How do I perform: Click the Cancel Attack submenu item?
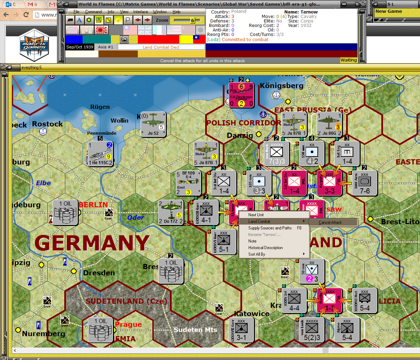point(330,222)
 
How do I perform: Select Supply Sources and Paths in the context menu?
point(270,228)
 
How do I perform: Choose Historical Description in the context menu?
point(265,248)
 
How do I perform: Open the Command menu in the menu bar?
point(93,12)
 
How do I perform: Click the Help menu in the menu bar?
point(176,12)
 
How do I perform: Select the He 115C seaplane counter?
point(100,153)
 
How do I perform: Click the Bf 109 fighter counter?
point(188,183)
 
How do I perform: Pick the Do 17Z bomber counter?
point(171,212)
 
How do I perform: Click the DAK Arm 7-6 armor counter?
point(364,183)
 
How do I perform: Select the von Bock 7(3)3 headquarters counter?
point(277,153)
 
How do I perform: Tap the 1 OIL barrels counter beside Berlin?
point(65,212)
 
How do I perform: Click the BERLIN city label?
point(93,205)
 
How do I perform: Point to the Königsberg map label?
point(281,86)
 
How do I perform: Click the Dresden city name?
point(99,273)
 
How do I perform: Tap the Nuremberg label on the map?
point(44,334)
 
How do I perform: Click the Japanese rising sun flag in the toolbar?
point(102,30)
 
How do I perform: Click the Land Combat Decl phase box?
point(161,47)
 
